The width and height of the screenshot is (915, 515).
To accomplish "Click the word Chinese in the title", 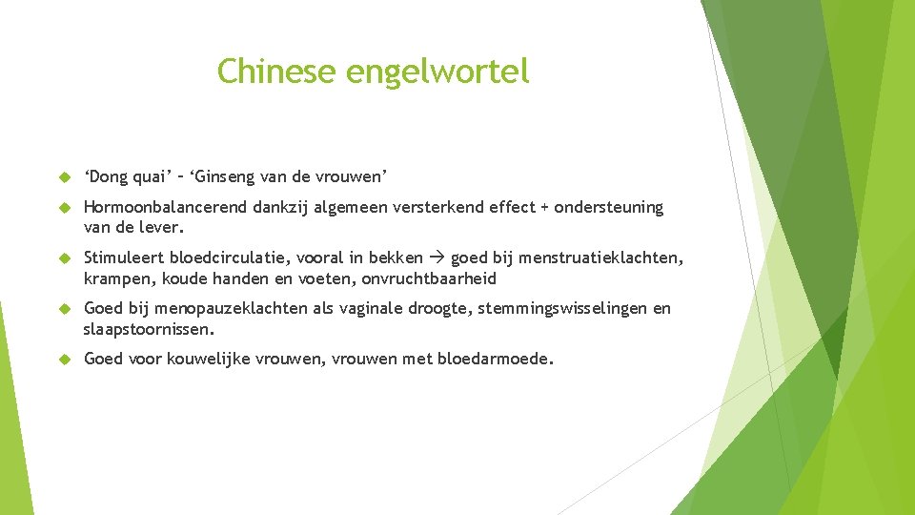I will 276,71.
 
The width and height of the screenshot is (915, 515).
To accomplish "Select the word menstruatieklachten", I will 603,258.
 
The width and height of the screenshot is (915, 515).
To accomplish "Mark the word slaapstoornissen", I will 148,329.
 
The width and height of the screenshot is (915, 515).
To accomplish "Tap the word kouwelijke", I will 206,359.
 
